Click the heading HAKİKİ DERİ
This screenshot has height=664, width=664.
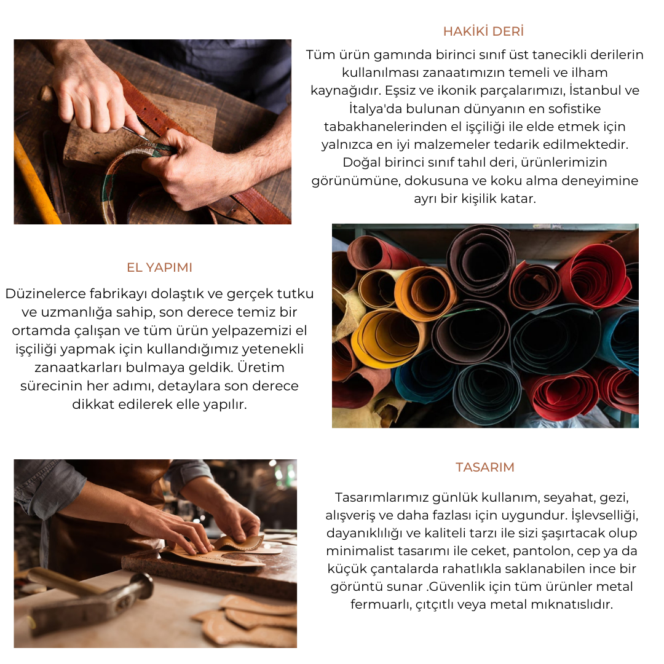(484, 31)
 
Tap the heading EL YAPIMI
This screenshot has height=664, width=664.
(159, 267)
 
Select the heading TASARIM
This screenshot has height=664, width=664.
(485, 467)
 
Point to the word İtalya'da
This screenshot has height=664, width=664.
(375, 108)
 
